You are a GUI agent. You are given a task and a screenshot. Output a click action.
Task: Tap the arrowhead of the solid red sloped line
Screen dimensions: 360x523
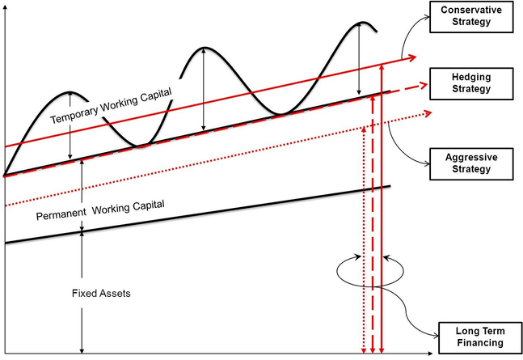click(x=413, y=57)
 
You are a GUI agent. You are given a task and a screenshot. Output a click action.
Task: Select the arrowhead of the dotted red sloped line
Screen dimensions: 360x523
click(x=417, y=113)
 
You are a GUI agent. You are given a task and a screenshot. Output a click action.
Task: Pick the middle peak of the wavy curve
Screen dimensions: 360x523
click(x=205, y=48)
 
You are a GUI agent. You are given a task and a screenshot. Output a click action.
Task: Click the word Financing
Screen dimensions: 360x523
click(x=479, y=343)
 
